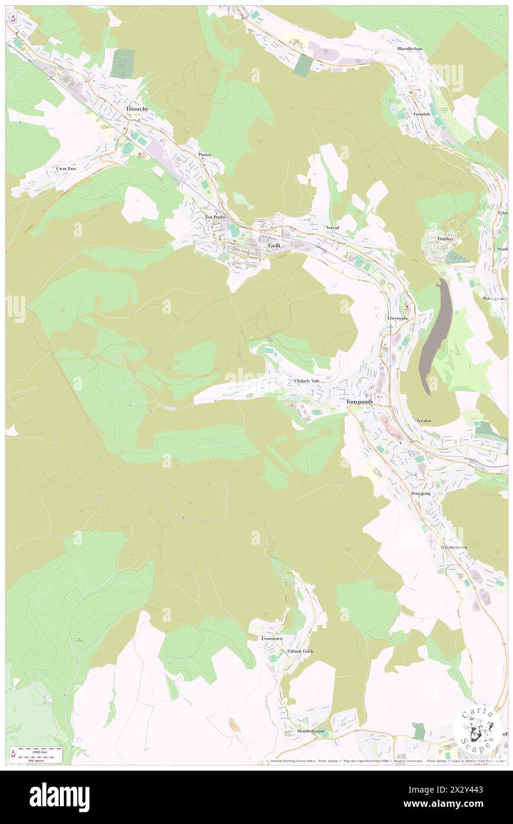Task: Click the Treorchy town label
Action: [x=138, y=110]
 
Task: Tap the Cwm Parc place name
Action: [x=66, y=168]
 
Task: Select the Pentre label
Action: [x=205, y=154]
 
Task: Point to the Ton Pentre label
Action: [x=216, y=217]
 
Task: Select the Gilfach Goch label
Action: [x=300, y=651]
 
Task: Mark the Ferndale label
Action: [x=424, y=114]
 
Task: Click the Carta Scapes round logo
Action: [x=477, y=729]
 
